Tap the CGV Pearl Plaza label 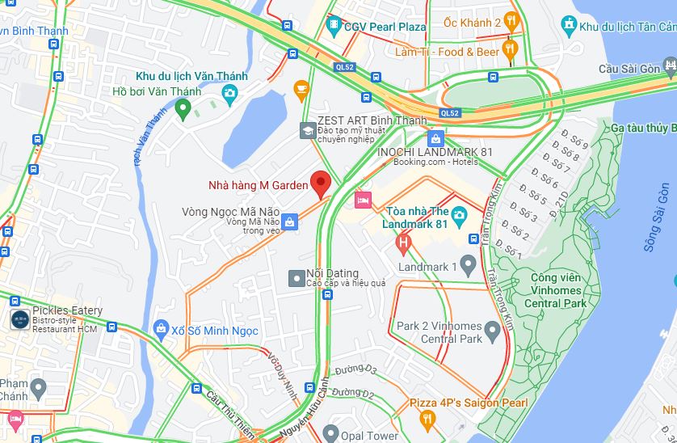click(385, 27)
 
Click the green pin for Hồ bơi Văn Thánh click(183, 108)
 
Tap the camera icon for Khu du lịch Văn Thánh click(229, 93)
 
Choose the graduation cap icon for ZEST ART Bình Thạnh click(308, 129)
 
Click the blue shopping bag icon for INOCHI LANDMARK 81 click(436, 138)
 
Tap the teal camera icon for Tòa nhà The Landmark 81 click(459, 215)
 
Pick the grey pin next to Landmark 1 click(469, 265)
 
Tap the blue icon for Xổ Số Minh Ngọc click(160, 330)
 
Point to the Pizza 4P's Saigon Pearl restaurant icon click(427, 418)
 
